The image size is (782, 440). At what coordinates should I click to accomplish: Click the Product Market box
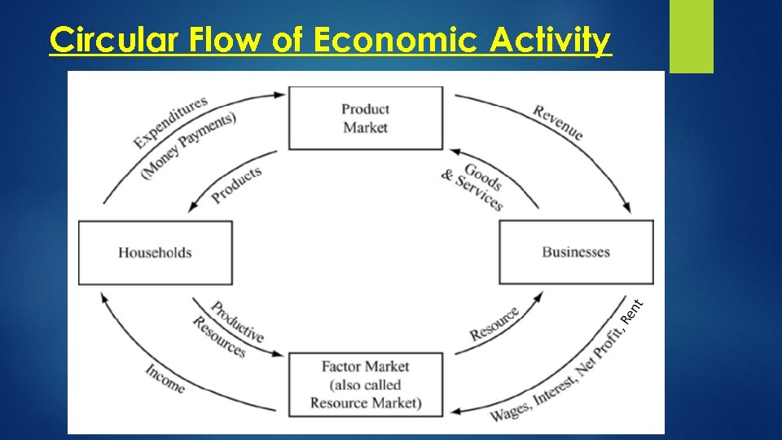[x=366, y=118]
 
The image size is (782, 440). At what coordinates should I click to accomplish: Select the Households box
[x=155, y=253]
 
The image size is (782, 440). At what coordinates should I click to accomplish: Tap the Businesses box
[x=576, y=253]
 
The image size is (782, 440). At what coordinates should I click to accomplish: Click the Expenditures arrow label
[x=170, y=121]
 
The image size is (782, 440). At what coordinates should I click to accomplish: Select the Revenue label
[x=559, y=122]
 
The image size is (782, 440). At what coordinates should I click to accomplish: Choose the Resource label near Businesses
[x=494, y=324]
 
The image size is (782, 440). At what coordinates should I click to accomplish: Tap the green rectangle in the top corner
[x=691, y=36]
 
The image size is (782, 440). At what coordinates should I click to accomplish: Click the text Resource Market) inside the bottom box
[x=366, y=403]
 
